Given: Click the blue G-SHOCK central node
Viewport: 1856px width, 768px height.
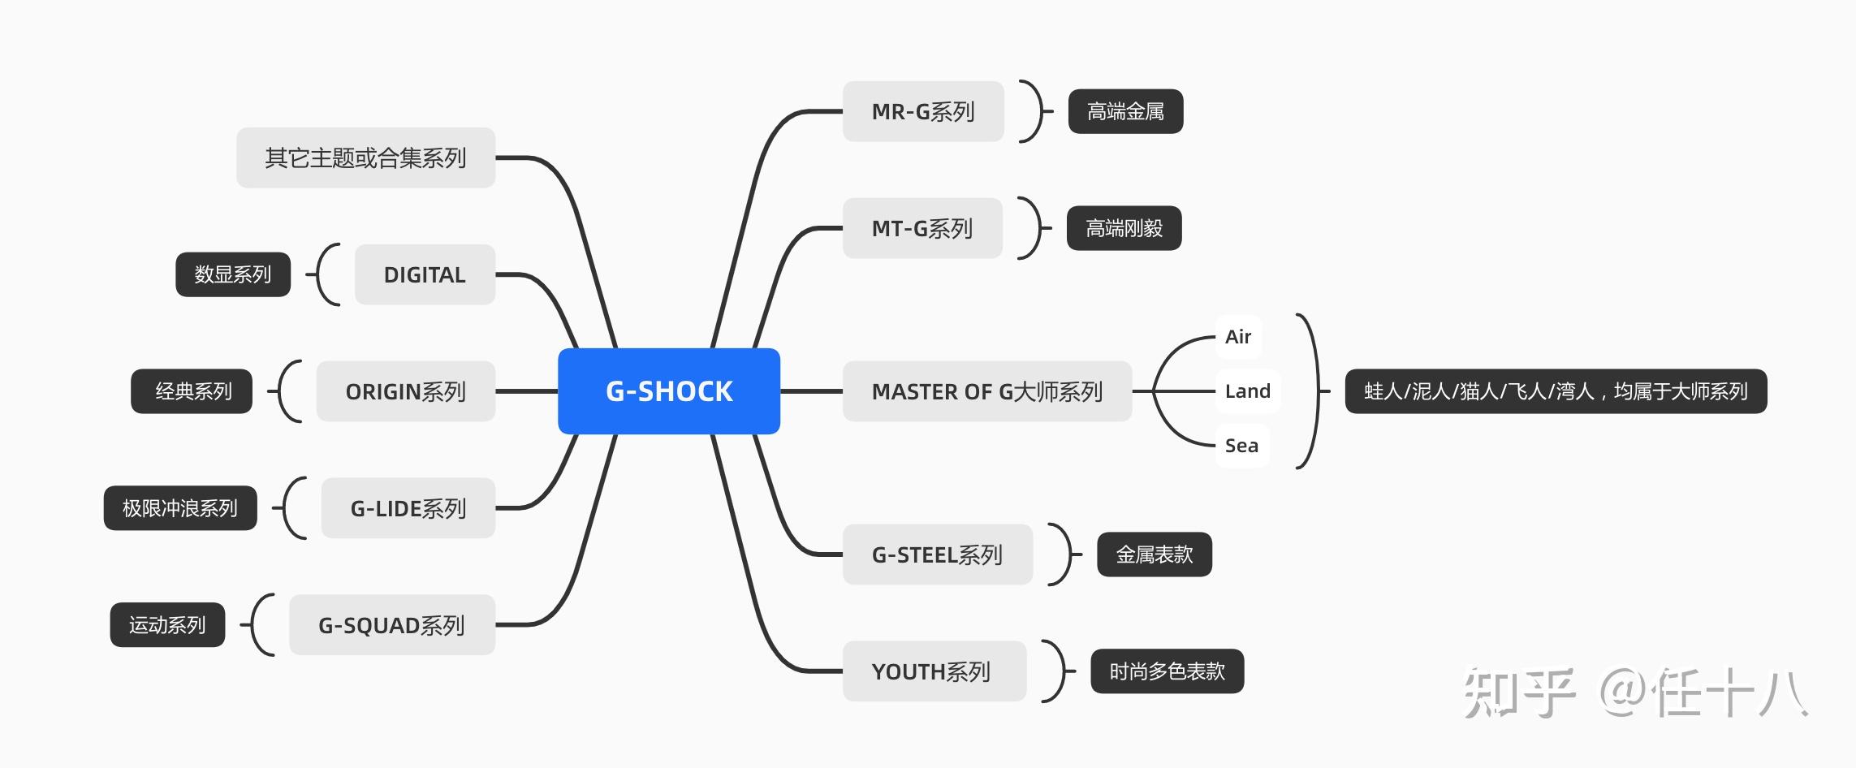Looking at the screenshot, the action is pos(669,391).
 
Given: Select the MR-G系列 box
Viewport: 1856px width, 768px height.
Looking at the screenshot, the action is pos(923,111).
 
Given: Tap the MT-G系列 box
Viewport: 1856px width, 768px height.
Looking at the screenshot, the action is pos(922,228).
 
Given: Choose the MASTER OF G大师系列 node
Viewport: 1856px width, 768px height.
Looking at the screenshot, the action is pos(987,391).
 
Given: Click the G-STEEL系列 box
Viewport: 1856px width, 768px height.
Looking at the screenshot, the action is pos(938,554).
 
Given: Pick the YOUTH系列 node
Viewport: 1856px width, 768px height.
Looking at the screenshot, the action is pos(934,671).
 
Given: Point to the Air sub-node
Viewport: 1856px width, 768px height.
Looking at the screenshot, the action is pos(1238,337).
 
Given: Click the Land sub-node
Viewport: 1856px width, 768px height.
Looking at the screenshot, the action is pos(1248,391).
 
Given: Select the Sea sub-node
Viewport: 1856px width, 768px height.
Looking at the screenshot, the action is pos(1242,446).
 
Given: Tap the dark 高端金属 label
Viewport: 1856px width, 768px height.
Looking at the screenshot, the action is pos(1125,111).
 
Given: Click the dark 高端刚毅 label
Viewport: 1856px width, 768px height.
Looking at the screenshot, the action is pos(1124,228).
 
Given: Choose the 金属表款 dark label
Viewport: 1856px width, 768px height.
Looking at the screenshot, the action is pos(1155,554).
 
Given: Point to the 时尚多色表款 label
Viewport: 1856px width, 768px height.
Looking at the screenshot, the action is pos(1168,671).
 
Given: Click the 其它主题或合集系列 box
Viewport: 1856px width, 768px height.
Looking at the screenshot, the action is pos(366,157).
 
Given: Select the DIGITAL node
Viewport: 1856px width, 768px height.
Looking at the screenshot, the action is pos(425,274).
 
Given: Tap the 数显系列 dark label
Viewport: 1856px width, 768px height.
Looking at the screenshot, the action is pos(233,274).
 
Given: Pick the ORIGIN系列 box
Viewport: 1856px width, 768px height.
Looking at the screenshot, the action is pos(406,391).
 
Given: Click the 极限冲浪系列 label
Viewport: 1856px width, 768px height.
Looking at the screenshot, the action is pos(180,508).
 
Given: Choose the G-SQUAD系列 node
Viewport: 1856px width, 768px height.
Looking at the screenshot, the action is pos(392,625).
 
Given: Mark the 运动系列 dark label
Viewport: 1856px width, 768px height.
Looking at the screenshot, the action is pos(167,625).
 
